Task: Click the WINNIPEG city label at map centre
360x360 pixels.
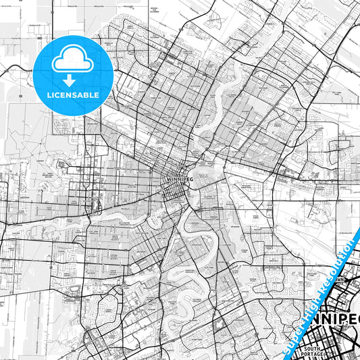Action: [179, 179]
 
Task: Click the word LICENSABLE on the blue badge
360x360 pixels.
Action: [73, 95]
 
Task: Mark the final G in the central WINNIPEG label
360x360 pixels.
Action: [191, 179]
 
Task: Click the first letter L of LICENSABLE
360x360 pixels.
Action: [49, 95]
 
